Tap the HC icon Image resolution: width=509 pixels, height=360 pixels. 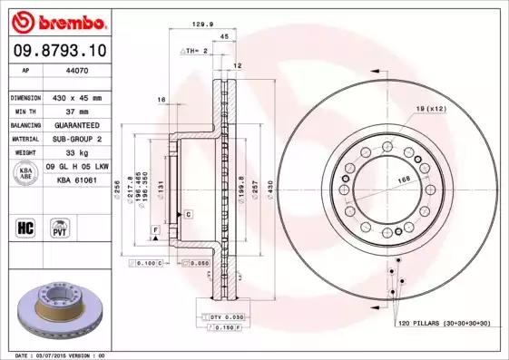click(26, 227)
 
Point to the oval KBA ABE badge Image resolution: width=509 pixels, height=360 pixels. click(26, 175)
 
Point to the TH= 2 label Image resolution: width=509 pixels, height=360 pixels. click(195, 51)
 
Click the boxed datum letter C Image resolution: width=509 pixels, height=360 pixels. click(188, 215)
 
